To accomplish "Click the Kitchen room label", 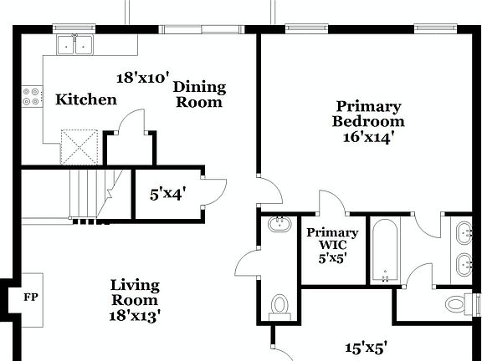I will [x=85, y=100].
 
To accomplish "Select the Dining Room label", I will [x=199, y=94].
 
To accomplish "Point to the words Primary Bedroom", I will [x=368, y=114].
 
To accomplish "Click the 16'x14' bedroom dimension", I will [x=368, y=137].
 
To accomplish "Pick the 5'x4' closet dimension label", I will [x=167, y=194].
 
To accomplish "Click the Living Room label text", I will [x=135, y=292].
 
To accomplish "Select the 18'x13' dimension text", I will [x=135, y=315].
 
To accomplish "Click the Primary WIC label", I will [x=332, y=238].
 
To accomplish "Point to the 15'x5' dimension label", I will [x=367, y=347].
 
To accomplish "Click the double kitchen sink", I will [x=75, y=44].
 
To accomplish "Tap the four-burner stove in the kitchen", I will [x=32, y=97].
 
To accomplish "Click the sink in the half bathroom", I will [x=278, y=224].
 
